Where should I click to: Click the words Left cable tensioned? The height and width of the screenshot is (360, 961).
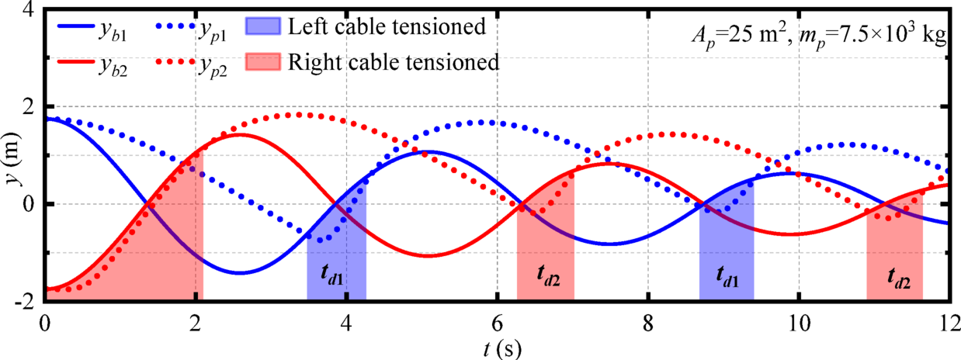[x=387, y=26]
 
